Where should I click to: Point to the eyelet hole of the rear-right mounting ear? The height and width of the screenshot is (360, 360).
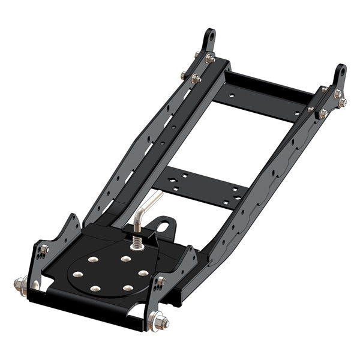[x=342, y=71]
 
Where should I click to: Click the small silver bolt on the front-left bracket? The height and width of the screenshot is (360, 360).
[x=43, y=247]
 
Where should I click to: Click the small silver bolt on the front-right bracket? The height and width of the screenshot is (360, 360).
[x=161, y=281]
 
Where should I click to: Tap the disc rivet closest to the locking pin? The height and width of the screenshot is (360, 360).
[x=125, y=259]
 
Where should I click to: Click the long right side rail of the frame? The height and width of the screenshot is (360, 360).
[x=264, y=180]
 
